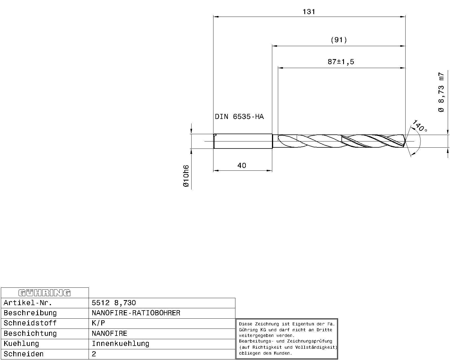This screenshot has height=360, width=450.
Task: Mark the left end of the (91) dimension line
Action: click(x=272, y=46)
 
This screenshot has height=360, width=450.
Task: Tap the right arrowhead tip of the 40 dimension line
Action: click(x=272, y=170)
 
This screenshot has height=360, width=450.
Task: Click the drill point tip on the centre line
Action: click(x=406, y=141)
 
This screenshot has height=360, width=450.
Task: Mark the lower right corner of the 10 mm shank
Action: click(x=272, y=148)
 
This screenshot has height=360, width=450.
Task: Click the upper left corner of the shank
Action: click(x=214, y=134)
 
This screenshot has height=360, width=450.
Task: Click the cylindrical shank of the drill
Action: click(x=243, y=141)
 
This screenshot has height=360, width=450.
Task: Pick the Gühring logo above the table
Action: click(x=44, y=293)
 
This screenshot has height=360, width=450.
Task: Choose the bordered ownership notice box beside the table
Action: click(x=287, y=339)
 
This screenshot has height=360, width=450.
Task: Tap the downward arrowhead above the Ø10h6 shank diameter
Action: click(x=191, y=131)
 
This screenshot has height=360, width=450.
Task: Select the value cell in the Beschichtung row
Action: click(x=162, y=334)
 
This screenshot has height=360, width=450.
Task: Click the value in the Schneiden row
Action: click(x=94, y=354)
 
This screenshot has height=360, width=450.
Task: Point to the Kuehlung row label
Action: click(x=21, y=344)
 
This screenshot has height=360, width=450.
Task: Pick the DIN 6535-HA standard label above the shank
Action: click(x=239, y=116)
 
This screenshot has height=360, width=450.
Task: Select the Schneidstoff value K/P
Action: click(x=98, y=323)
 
